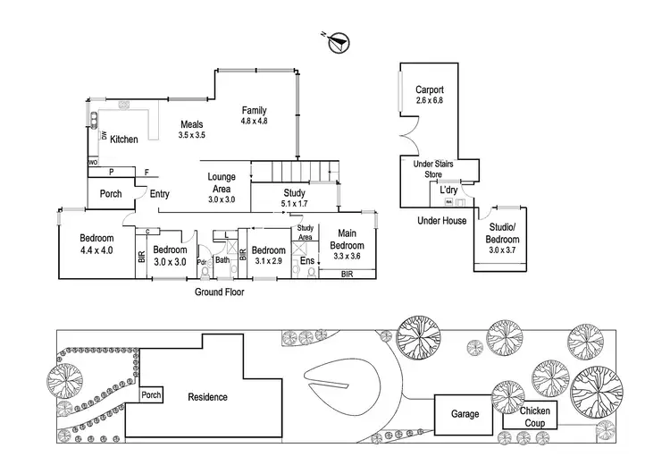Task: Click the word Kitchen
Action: [x=124, y=139]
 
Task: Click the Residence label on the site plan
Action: [x=207, y=397]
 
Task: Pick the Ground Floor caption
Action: [x=220, y=292]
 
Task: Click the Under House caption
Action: [x=441, y=220]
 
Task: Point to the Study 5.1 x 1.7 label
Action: [x=294, y=198]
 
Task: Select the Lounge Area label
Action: [x=221, y=182]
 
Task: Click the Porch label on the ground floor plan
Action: [x=111, y=193]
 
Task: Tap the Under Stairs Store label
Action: [x=433, y=169]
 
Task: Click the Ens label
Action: [x=306, y=261]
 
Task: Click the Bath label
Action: [x=222, y=262]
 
